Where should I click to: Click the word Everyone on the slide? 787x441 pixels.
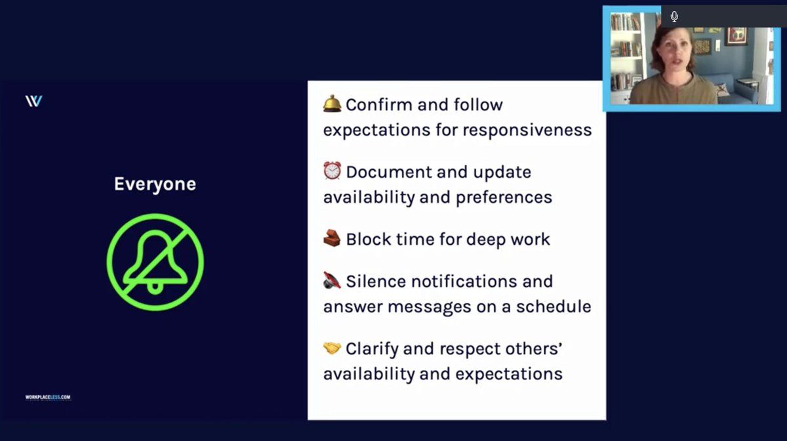tap(155, 184)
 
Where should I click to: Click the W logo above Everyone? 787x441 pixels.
tap(33, 101)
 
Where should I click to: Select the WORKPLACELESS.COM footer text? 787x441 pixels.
tap(48, 398)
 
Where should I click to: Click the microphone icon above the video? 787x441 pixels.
tap(674, 16)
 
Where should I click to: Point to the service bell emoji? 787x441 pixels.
tap(332, 104)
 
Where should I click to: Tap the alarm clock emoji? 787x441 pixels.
tap(332, 171)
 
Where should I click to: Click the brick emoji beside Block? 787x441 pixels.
tap(332, 238)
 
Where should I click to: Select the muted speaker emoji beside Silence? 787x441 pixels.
tap(332, 280)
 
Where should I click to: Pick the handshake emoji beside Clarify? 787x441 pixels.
tap(332, 348)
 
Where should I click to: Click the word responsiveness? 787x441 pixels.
tap(527, 131)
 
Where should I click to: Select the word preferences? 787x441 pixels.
tap(504, 198)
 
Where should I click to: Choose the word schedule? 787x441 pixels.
tap(554, 306)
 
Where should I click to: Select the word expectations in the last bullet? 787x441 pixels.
tap(509, 374)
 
